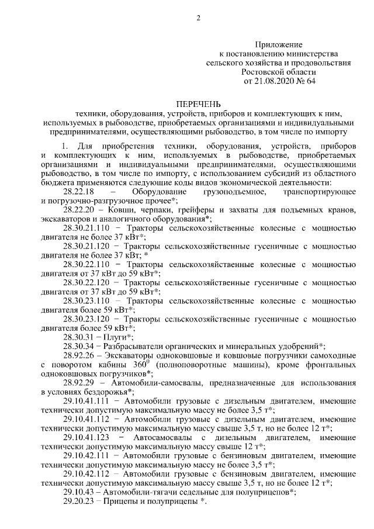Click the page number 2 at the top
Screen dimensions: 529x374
(198, 18)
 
